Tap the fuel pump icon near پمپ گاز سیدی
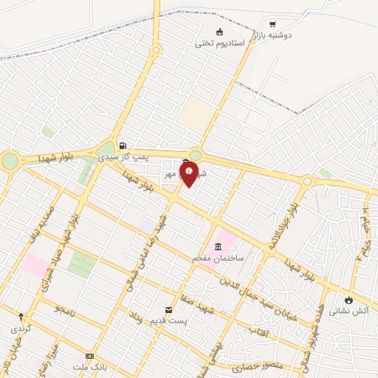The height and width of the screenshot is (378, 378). [123, 145]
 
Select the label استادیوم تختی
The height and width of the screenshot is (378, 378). [219, 43]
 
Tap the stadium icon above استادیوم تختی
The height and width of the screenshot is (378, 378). [219, 32]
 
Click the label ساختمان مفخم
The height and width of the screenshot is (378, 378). [218, 258]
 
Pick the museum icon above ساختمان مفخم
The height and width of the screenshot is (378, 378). [218, 247]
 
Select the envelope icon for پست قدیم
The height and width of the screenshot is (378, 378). [168, 309]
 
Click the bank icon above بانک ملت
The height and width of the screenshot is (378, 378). [90, 355]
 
